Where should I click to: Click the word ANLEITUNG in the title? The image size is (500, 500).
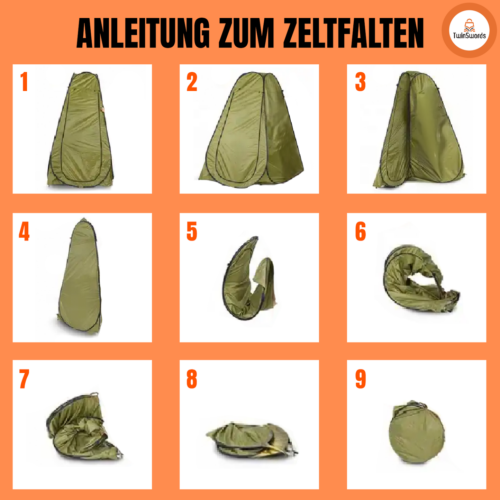pos(143,33)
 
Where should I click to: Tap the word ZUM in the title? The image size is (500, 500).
pos(246,33)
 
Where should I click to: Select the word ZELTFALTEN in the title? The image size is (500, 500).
pos(353,33)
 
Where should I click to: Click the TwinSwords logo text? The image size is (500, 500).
pos(469,35)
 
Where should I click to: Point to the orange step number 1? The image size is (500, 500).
pos(24,82)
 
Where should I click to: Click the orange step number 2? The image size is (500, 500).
pos(192,82)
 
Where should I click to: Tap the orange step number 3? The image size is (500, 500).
pos(361,82)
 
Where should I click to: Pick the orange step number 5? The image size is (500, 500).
pos(192,231)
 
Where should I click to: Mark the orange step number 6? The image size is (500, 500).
pos(361,231)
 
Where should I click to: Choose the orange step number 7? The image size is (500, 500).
pos(24,379)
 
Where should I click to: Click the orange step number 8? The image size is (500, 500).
pos(192,379)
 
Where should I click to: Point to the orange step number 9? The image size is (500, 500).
pos(361,379)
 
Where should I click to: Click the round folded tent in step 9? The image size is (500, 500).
pos(417,432)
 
